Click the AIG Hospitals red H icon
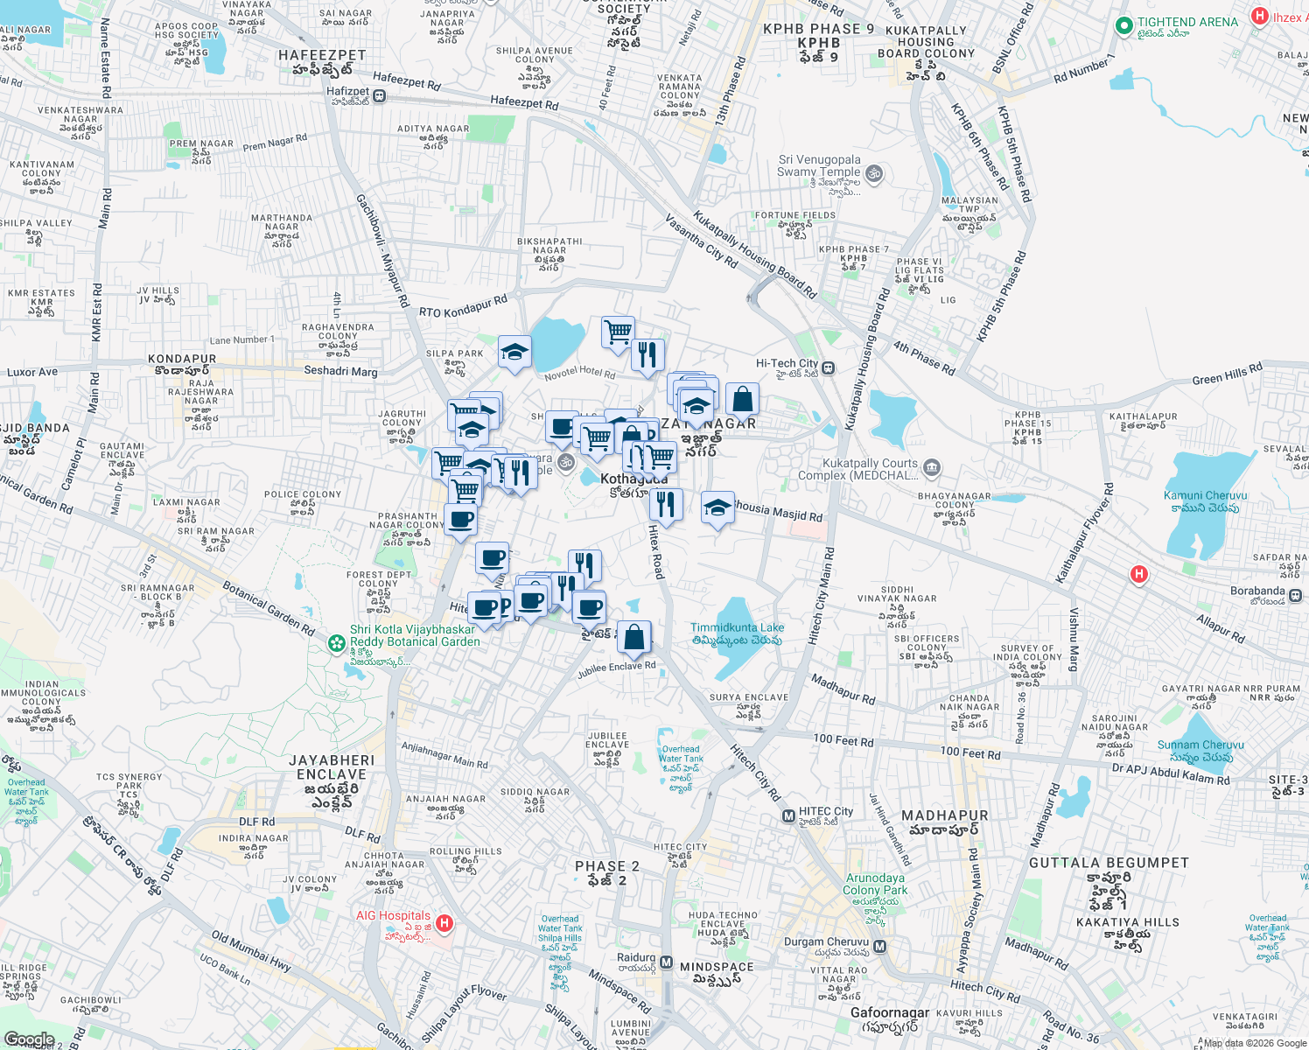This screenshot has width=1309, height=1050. (444, 922)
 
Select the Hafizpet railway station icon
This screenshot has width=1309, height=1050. (379, 95)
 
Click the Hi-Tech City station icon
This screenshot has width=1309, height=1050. (828, 367)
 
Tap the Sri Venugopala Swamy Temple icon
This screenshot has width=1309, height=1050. (873, 174)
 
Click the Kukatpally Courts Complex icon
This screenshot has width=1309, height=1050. (932, 467)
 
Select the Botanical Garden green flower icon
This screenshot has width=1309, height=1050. (336, 643)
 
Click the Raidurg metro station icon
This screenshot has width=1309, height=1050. (666, 962)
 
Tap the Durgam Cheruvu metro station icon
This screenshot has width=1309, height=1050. (880, 946)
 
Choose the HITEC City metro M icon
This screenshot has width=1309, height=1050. (788, 816)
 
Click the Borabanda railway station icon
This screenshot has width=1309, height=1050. (1295, 595)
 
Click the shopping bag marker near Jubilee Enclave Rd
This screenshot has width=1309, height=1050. (634, 637)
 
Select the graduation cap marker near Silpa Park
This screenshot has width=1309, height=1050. (514, 353)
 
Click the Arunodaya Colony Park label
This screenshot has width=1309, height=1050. (876, 884)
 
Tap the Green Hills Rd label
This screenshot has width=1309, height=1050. (1227, 374)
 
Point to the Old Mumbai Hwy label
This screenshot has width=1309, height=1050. (250, 951)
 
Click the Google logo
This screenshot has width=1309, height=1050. (29, 1039)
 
